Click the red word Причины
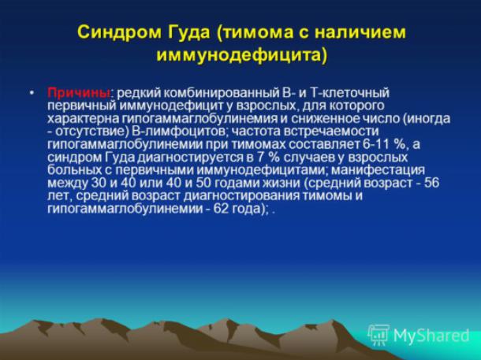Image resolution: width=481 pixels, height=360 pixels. pos(79,93)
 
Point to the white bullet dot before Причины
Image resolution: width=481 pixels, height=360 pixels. pos(32,92)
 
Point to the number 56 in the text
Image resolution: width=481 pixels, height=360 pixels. pos(432,184)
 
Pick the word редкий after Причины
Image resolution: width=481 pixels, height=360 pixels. pos(136,93)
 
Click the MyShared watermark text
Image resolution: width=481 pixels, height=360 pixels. pos(431,336)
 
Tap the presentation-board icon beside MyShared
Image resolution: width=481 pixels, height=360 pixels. pos(378,336)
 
